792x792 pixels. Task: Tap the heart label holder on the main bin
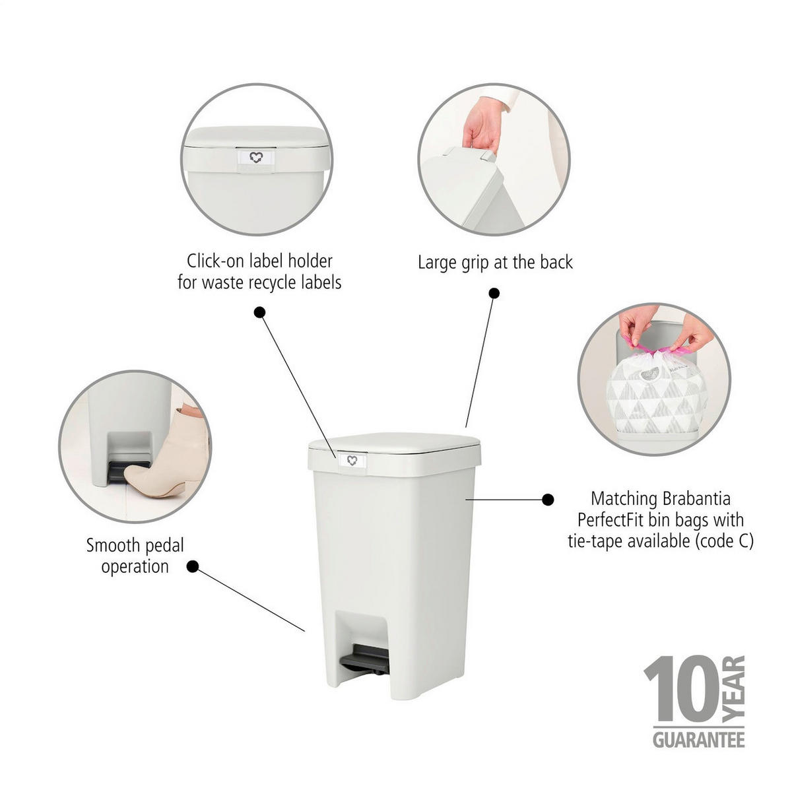point(352,461)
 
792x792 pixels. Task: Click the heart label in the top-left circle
point(255,158)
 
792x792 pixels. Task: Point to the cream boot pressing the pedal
point(166,452)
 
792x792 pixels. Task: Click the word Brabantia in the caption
point(696,499)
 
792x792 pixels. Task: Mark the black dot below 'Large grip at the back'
point(494,293)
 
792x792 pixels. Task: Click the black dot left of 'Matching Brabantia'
point(547,500)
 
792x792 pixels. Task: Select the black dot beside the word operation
point(192,567)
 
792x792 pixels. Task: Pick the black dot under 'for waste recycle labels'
point(259,312)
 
